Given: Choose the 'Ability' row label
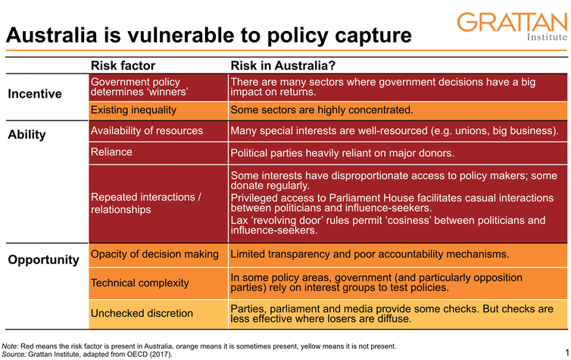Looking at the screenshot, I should tap(27, 135).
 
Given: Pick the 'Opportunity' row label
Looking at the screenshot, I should tap(43, 259).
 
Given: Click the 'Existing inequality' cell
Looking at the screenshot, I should tap(133, 111).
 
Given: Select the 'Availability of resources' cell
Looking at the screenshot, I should tap(147, 130).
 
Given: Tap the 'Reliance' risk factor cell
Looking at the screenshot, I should tap(111, 152).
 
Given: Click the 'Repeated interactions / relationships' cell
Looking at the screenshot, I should tap(146, 202).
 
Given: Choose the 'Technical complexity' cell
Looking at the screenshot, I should tap(140, 283).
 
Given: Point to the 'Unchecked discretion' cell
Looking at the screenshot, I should tap(142, 312).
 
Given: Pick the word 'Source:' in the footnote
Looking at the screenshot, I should tap(15, 354).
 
